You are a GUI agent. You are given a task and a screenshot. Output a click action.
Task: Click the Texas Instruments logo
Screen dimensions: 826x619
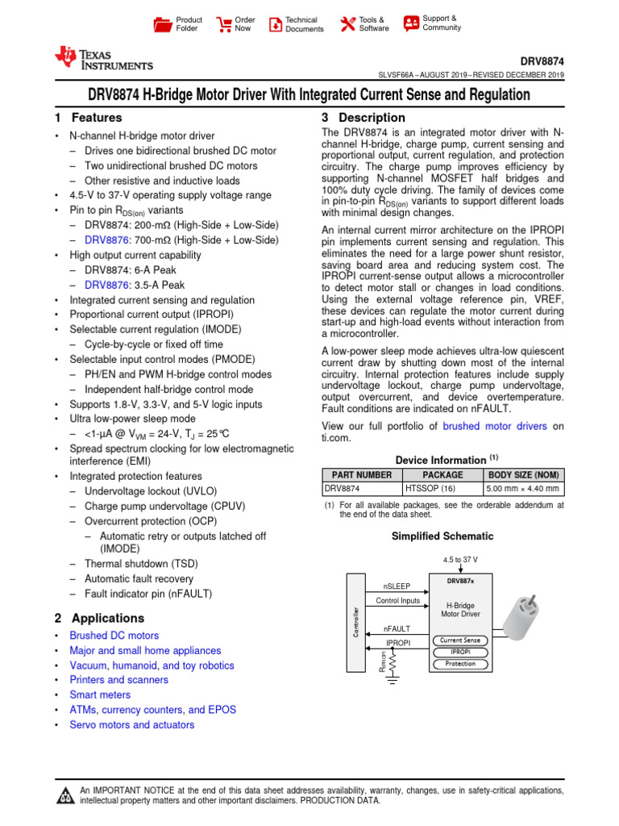(102, 57)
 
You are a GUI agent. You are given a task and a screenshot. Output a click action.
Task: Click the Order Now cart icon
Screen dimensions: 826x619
(223, 24)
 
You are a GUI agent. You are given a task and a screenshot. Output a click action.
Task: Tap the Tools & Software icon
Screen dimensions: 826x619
(347, 24)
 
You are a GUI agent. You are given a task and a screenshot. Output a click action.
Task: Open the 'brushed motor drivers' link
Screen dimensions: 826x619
(494, 426)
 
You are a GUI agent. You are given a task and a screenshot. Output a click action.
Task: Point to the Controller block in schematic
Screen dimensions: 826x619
(355, 622)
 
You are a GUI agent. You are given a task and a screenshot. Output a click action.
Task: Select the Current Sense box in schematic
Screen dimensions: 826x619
(460, 640)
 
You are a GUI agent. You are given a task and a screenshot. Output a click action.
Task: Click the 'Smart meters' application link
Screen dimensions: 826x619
(100, 695)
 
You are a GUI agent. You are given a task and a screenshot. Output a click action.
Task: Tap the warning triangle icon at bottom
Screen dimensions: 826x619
(64, 797)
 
